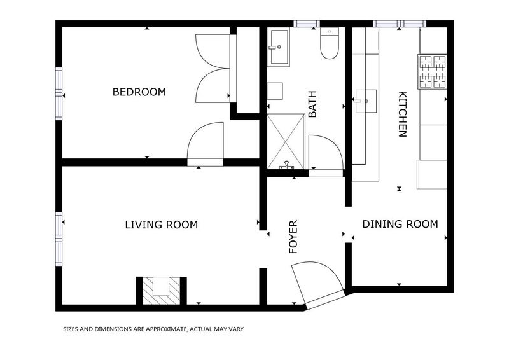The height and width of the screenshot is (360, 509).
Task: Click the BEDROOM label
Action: click(x=139, y=92)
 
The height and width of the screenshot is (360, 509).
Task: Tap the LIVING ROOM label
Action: click(x=162, y=225)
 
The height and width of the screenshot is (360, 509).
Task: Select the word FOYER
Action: click(x=293, y=237)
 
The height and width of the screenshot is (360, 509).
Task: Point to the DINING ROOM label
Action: click(x=400, y=224)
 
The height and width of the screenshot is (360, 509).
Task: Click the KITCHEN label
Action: click(x=402, y=114)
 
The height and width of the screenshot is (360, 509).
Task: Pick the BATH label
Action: click(x=312, y=104)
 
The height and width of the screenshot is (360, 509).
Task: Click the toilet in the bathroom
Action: click(x=329, y=43)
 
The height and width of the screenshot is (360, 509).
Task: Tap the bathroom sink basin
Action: click(x=279, y=48)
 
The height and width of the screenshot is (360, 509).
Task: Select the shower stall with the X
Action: click(x=286, y=141)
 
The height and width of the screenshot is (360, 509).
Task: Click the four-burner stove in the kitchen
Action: click(x=433, y=71)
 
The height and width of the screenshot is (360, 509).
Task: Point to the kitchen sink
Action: click(x=366, y=101)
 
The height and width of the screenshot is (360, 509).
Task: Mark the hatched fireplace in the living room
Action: click(x=162, y=291)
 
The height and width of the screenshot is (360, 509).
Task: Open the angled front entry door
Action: click(x=319, y=285)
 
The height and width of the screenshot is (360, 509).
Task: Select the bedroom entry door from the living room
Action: click(x=206, y=144)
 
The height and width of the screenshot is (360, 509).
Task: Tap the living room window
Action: click(x=59, y=239)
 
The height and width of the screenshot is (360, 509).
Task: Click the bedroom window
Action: click(x=59, y=93)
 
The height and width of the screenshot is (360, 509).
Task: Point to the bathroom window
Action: click(x=307, y=24)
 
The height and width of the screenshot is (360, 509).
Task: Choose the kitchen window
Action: click(x=400, y=24)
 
